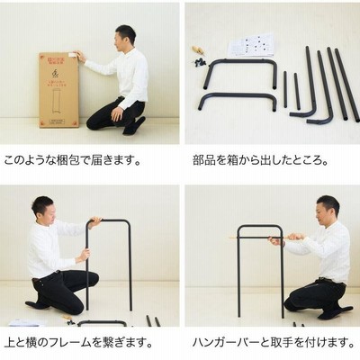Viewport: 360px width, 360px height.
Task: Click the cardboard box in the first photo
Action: [x=58, y=90]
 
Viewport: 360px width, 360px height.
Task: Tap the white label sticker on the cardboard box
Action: [x=72, y=54]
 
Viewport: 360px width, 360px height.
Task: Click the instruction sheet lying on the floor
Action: [x=251, y=45]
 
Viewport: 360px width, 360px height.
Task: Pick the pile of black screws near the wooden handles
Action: [x=199, y=62]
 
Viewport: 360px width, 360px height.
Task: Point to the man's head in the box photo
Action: [x=125, y=38]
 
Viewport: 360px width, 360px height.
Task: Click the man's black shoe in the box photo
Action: [x=133, y=126]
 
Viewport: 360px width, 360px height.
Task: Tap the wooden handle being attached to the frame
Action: [x=295, y=237]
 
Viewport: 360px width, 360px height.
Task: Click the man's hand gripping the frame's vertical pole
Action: [x=84, y=255]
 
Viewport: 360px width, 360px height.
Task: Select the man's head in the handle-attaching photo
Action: [x=328, y=210]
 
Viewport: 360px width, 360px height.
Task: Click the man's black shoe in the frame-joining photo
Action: [x=38, y=304]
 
